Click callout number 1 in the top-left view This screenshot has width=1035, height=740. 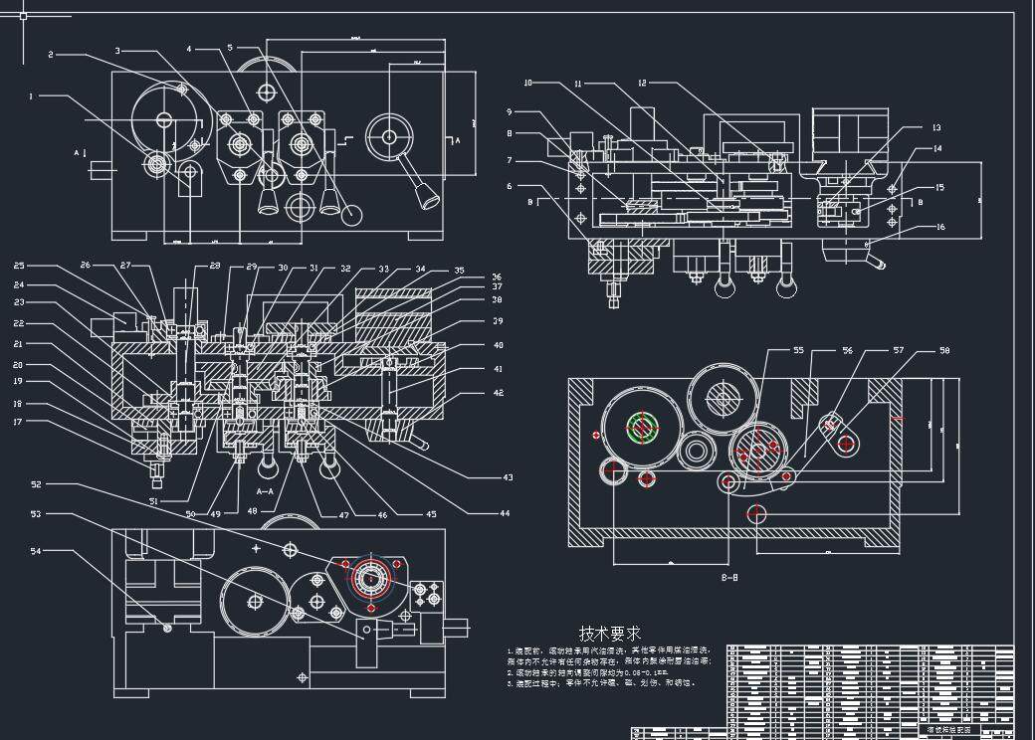coord(32,96)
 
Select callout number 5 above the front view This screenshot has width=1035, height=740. coord(230,47)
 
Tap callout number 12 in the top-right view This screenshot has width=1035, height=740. coord(642,83)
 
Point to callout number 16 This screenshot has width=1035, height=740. coord(938,227)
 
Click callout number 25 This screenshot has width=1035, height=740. coord(19,266)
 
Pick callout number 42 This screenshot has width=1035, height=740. coord(499,393)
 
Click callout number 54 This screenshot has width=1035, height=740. coord(36,550)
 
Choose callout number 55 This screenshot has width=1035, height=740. coord(798,350)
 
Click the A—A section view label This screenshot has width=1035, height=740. coord(266,491)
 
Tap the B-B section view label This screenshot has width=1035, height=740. coord(729,577)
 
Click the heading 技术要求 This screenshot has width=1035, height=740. coord(610,633)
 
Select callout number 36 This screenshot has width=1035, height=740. coord(497,277)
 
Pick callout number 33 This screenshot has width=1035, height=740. coord(383,270)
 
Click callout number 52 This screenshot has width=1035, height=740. coord(36,484)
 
